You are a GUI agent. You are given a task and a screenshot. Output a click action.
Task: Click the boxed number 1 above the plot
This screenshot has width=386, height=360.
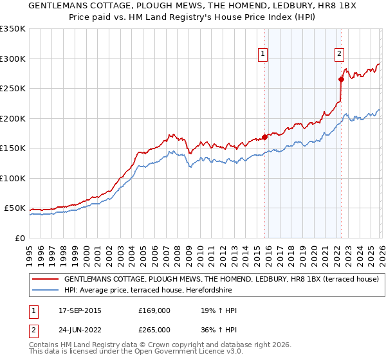click(264, 55)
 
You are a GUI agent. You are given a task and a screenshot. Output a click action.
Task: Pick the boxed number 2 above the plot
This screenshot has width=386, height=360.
click(339, 55)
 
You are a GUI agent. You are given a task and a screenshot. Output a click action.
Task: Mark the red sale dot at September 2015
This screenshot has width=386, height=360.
click(264, 137)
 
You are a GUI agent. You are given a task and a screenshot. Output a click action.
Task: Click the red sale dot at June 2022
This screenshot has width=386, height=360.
click(341, 80)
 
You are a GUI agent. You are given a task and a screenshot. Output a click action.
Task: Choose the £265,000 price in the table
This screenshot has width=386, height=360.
click(154, 330)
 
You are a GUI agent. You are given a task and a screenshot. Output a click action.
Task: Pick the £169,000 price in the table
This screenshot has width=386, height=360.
click(154, 311)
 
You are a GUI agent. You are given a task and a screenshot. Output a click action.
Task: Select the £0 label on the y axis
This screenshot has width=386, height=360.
click(19, 239)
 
